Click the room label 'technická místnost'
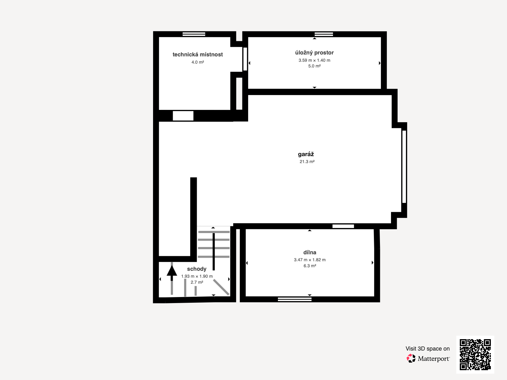[197, 54]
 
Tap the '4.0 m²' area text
[197, 62]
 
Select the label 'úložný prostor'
[314, 53]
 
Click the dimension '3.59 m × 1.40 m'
[314, 60]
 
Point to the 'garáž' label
[306, 154]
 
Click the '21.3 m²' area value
[307, 161]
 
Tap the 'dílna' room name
[310, 252]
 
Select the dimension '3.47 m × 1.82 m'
[310, 260]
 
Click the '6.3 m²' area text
[310, 266]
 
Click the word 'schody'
[196, 269]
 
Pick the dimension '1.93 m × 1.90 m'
[197, 276]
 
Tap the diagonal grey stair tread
[221, 287]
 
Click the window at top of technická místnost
[194, 34]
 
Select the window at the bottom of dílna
[295, 299]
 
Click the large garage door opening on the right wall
[404, 167]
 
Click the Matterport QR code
[475, 354]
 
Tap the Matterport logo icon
[411, 358]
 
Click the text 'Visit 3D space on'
[427, 349]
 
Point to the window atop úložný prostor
[324, 34]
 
